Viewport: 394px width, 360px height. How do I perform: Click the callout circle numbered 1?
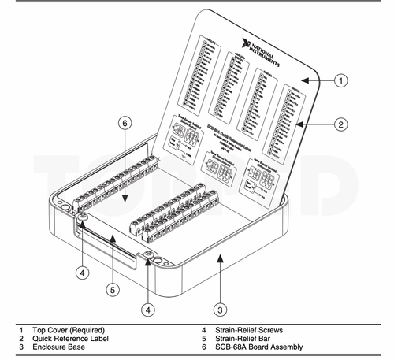click(x=340, y=80)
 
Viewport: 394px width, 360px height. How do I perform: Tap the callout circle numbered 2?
click(x=340, y=124)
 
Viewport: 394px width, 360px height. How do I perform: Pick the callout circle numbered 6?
click(x=124, y=122)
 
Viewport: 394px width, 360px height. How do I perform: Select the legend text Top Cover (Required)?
click(x=69, y=329)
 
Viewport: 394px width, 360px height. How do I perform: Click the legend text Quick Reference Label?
click(x=69, y=338)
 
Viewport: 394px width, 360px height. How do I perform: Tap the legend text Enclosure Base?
click(x=59, y=347)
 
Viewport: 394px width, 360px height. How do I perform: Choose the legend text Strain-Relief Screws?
click(x=251, y=329)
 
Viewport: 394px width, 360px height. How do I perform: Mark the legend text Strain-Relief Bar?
click(x=244, y=338)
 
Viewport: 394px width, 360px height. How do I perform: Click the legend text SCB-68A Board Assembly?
click(x=261, y=347)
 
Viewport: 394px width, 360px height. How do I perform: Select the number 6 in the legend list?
click(x=203, y=347)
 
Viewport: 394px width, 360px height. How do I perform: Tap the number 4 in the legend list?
click(x=203, y=329)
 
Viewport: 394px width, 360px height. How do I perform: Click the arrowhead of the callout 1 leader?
click(x=304, y=80)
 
